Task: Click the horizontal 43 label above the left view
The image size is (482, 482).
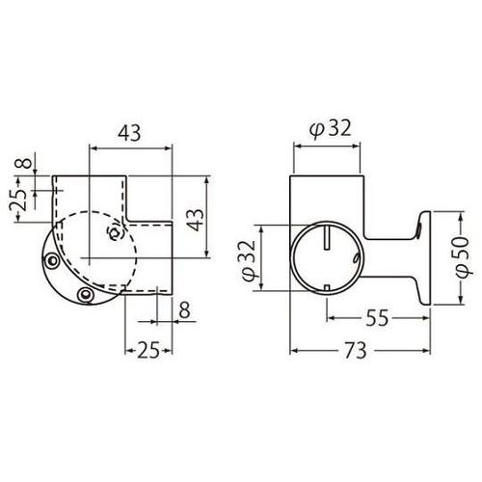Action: click(x=130, y=134)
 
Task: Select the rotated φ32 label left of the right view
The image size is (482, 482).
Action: click(x=248, y=261)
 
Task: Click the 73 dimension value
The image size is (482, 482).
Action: click(x=357, y=353)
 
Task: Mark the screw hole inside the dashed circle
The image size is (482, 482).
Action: click(x=113, y=232)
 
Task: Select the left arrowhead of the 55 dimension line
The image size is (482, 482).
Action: click(x=330, y=313)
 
